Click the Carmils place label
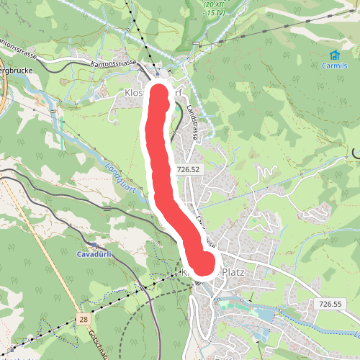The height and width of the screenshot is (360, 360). pyautogui.click(x=335, y=66)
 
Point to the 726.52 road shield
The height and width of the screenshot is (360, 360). pyautogui.click(x=186, y=169)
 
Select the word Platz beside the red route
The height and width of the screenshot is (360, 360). pyautogui.click(x=235, y=272)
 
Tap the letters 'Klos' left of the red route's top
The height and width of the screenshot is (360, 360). pyautogui.click(x=135, y=94)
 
